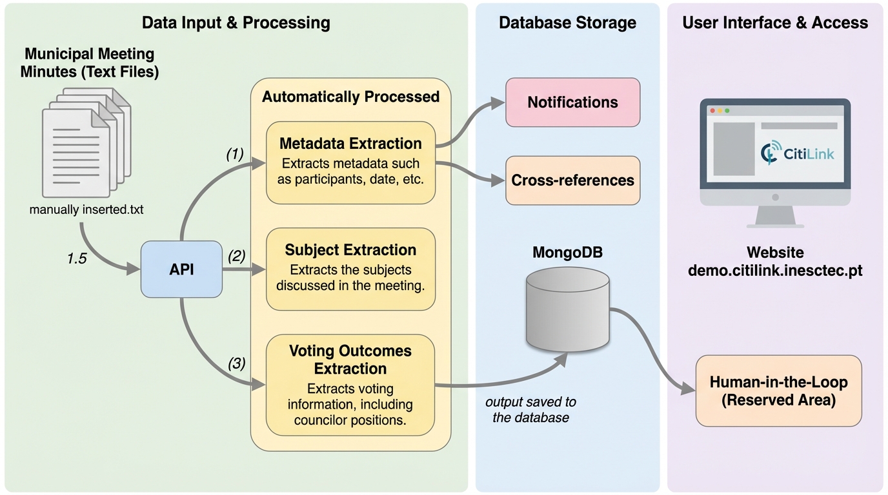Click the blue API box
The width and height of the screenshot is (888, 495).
[x=181, y=269]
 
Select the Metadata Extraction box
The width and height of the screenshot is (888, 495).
[x=350, y=162]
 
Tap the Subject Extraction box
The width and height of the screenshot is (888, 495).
[x=350, y=269]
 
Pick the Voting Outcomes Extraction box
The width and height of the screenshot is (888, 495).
[x=350, y=384]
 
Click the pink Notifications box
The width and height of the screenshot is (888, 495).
[x=572, y=102]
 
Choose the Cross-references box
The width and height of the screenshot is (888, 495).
[x=572, y=180]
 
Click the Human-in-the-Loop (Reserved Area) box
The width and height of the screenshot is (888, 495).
[x=778, y=391]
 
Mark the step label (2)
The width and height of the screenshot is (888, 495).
[x=237, y=256]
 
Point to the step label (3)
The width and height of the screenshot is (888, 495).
[x=237, y=364]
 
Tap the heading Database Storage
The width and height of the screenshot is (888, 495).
[x=567, y=23]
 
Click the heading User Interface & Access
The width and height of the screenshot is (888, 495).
[x=775, y=23]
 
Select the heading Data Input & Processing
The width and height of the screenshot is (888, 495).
[x=236, y=23]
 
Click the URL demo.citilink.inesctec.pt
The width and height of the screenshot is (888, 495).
[x=775, y=271]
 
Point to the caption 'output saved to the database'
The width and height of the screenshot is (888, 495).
[x=531, y=409]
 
